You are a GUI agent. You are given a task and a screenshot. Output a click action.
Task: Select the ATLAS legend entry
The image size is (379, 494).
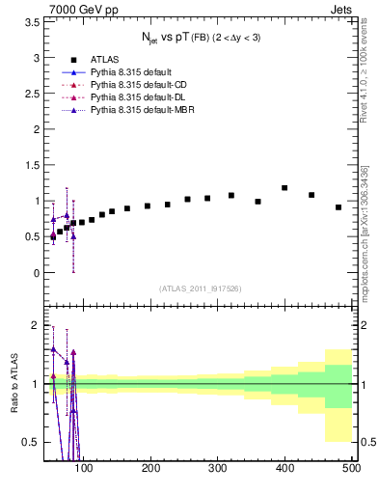(x=104, y=59)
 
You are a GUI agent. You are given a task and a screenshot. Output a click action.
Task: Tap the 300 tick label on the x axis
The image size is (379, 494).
(x=218, y=469)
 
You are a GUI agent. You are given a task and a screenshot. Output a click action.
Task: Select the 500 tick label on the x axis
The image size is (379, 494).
(x=351, y=469)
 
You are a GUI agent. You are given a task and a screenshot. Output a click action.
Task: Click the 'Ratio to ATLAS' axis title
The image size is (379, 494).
(x=14, y=383)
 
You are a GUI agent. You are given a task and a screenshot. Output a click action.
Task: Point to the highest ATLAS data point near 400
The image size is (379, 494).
(x=284, y=188)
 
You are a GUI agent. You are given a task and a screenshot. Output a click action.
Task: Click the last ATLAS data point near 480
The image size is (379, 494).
(x=338, y=207)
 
